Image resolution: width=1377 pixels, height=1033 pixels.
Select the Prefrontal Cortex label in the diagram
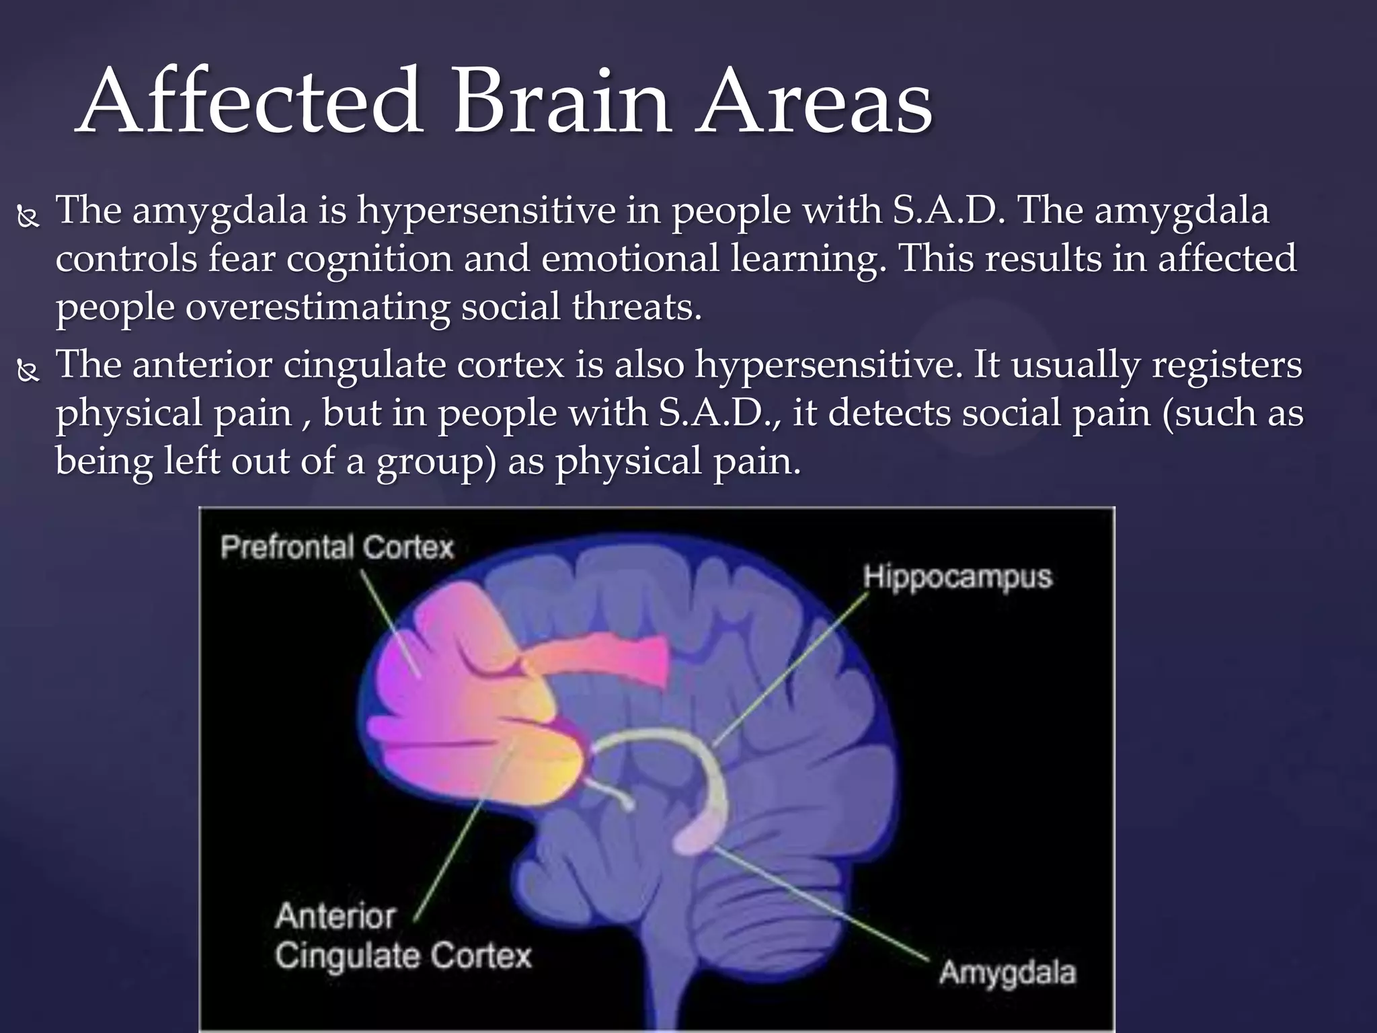(x=337, y=547)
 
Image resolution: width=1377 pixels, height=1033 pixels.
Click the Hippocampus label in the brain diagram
(x=957, y=577)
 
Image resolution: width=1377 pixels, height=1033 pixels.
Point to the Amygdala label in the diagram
(x=1007, y=972)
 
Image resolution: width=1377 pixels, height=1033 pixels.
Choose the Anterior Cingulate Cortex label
(x=402, y=936)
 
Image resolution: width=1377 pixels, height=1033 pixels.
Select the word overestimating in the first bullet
(x=317, y=307)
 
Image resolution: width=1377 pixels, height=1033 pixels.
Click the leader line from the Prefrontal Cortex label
(x=390, y=622)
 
